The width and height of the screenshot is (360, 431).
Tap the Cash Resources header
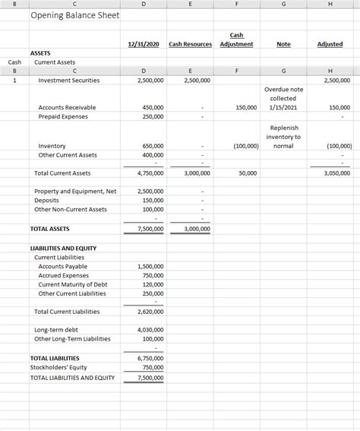point(190,44)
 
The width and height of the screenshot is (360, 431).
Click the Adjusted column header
point(330,44)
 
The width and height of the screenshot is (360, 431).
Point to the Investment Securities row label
point(68,80)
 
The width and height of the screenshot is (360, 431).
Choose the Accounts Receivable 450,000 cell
point(153,107)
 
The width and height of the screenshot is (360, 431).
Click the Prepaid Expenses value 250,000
point(153,116)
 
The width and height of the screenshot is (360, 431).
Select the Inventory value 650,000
point(153,146)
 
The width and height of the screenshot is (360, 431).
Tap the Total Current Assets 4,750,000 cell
point(150,173)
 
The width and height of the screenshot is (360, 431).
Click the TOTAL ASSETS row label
point(49,228)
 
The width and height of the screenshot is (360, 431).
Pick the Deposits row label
point(47,200)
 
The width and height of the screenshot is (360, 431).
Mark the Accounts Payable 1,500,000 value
point(150,266)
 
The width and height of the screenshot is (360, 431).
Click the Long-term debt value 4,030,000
point(150,330)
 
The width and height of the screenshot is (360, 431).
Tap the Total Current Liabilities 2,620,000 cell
point(150,312)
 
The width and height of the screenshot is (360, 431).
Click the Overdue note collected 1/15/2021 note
point(283,98)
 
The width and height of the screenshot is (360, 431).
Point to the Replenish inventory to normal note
point(283,137)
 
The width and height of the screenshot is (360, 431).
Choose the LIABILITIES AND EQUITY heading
point(63,248)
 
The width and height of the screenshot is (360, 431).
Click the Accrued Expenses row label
point(63,275)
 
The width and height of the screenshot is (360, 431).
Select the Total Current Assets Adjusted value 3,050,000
point(335,173)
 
